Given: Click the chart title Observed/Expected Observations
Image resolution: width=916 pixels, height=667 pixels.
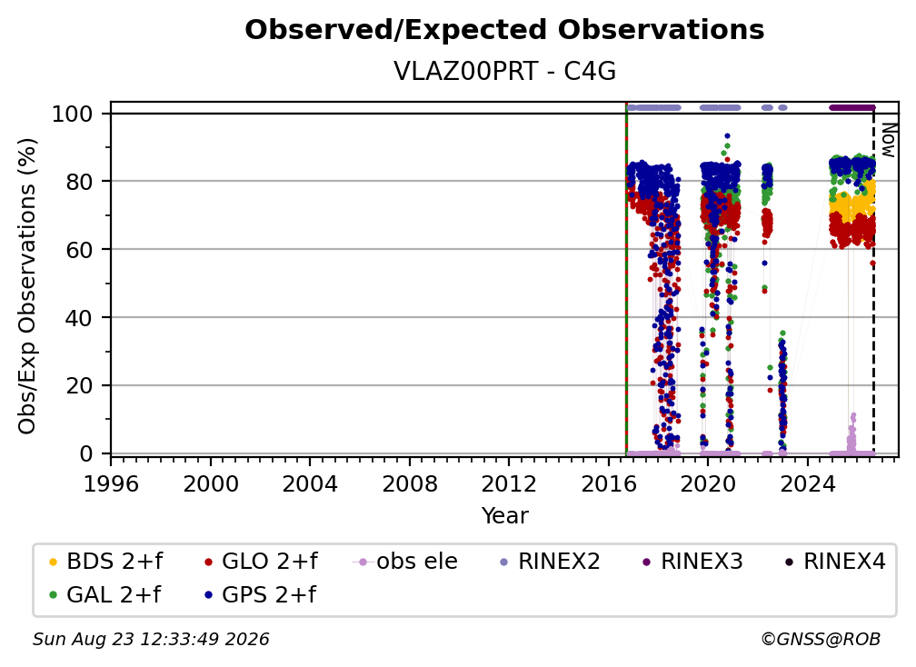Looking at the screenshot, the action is pyautogui.click(x=504, y=30).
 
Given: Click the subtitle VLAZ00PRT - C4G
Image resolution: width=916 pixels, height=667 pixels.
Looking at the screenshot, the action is pyautogui.click(x=504, y=72).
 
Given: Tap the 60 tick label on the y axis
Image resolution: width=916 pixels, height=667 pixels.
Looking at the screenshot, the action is pyautogui.click(x=79, y=250).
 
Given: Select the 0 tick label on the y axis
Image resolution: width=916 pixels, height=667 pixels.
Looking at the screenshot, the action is pyautogui.click(x=86, y=453).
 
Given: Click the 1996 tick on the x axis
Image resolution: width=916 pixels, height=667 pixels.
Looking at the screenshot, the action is pyautogui.click(x=111, y=484).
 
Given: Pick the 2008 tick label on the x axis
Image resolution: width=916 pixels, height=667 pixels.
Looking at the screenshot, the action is pyautogui.click(x=410, y=484).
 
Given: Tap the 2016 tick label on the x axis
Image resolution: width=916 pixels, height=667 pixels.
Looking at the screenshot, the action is pyautogui.click(x=609, y=484).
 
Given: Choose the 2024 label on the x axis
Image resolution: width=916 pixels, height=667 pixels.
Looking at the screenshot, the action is pyautogui.click(x=807, y=484).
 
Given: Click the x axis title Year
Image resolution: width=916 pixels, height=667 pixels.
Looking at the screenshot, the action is pyautogui.click(x=504, y=516).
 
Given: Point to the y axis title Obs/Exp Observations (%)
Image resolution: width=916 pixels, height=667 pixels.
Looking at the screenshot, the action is pyautogui.click(x=27, y=285).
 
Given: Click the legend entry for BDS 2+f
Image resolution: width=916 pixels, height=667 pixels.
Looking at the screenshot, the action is pyautogui.click(x=105, y=562).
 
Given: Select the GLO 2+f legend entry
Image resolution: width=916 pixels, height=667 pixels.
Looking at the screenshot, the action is pyautogui.click(x=261, y=562).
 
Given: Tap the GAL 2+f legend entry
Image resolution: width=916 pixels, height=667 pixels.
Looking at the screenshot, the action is pyautogui.click(x=105, y=595).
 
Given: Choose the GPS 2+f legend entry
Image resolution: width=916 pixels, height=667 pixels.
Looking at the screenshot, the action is pyautogui.click(x=260, y=595).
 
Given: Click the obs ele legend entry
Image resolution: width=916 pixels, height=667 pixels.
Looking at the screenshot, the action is pyautogui.click(x=405, y=562).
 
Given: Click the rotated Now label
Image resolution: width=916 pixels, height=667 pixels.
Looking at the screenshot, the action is pyautogui.click(x=888, y=140).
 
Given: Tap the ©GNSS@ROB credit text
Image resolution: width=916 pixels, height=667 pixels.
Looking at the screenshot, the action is pyautogui.click(x=821, y=640).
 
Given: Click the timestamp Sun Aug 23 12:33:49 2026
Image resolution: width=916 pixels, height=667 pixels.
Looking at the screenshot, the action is pyautogui.click(x=151, y=640).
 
